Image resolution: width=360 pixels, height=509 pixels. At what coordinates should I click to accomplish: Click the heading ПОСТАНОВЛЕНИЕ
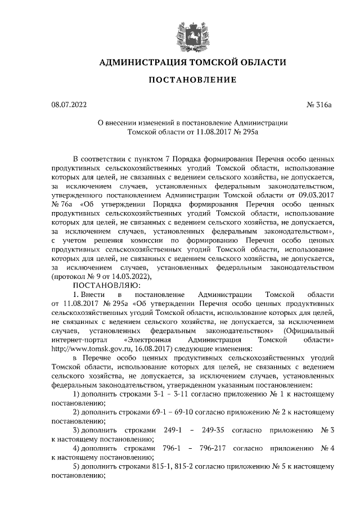tap(192, 80)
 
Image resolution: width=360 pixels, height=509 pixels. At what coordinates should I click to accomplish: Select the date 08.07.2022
tap(69, 104)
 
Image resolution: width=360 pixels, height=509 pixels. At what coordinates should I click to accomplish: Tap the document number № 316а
tap(319, 104)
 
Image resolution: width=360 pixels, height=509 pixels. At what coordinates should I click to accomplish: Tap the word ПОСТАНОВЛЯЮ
tap(102, 285)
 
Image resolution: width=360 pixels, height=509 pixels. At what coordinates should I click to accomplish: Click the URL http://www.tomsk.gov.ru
tap(87, 349)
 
